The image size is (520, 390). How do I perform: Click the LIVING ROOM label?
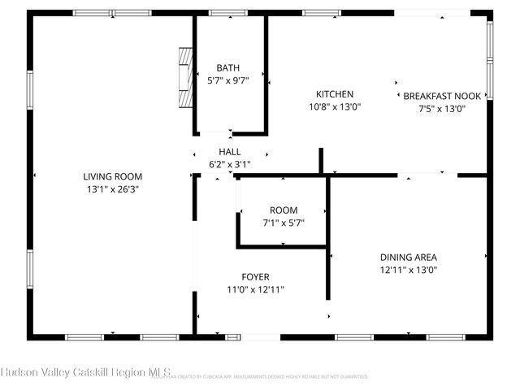pos(113,176)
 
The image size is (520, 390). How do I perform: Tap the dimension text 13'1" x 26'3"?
pos(113,188)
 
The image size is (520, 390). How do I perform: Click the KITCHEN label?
pos(335,94)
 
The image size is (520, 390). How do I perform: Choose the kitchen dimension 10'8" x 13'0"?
pos(335,106)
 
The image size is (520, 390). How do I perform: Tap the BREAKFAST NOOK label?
pos(441,95)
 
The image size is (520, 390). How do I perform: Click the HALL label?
pos(230,152)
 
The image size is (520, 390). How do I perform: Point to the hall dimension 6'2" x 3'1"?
pos(230,164)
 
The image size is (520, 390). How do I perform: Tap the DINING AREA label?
pos(408,258)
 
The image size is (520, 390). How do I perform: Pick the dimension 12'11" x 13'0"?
pos(408,270)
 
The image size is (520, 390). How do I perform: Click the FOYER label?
pos(255,277)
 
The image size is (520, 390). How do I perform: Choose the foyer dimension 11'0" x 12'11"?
pos(255,289)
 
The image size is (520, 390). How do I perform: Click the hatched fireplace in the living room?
pos(186,76)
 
